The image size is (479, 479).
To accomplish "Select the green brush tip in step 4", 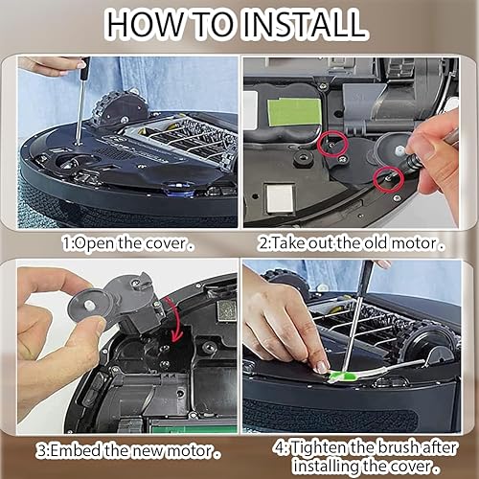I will (323, 366).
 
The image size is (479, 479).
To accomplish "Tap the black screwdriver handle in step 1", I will (83, 70).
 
